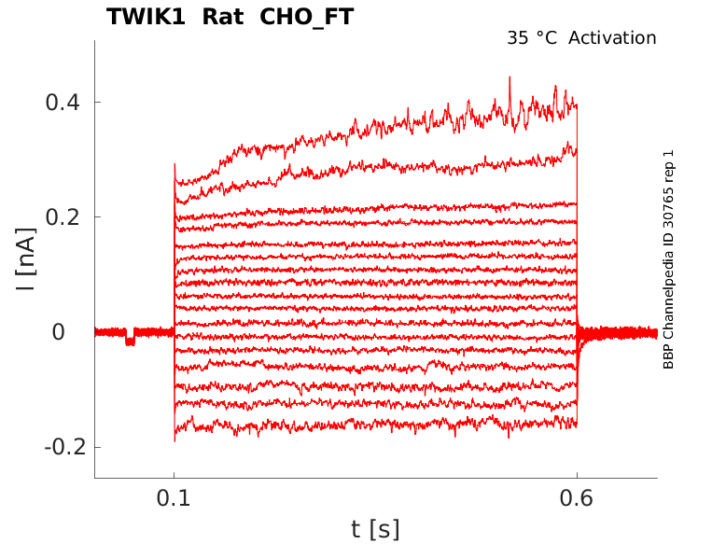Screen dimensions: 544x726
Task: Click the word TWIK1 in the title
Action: (x=145, y=17)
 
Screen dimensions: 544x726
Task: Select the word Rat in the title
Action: (x=216, y=17)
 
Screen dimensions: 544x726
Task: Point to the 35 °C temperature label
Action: (x=533, y=38)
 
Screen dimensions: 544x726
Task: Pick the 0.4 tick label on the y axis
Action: (x=62, y=102)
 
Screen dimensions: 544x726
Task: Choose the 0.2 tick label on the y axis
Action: (x=62, y=217)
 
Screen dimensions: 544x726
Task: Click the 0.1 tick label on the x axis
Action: (x=174, y=499)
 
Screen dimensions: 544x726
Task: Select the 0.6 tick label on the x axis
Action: (x=577, y=499)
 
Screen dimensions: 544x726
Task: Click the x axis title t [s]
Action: (x=375, y=529)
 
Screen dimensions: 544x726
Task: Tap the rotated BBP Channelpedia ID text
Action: (x=668, y=259)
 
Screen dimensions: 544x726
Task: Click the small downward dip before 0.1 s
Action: (x=131, y=341)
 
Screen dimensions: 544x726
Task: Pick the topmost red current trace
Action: (x=373, y=126)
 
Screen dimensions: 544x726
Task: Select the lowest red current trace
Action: (x=373, y=426)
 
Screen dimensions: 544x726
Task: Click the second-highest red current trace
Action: (x=373, y=167)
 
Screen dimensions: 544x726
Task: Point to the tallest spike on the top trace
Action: (x=510, y=79)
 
